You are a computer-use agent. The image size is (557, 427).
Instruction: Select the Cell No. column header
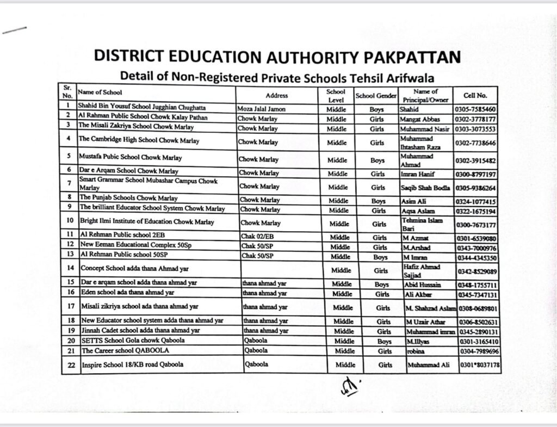click(475, 95)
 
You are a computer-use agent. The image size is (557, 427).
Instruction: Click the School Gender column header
click(376, 96)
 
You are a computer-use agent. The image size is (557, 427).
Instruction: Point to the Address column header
click(276, 96)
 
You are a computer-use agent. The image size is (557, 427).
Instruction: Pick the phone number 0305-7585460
click(475, 109)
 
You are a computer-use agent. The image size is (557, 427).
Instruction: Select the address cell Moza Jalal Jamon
click(261, 109)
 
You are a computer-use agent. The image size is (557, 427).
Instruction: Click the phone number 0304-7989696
click(476, 351)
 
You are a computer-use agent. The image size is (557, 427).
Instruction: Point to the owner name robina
click(414, 351)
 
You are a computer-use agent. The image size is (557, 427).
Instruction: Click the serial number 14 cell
click(70, 268)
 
